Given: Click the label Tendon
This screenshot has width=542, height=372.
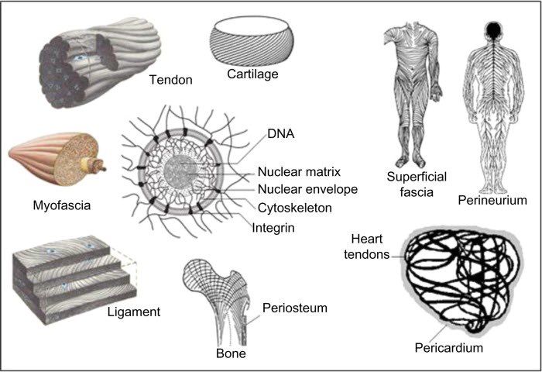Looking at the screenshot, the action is pyautogui.click(x=170, y=80).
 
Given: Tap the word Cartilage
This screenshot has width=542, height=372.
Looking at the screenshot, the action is pyautogui.click(x=252, y=74).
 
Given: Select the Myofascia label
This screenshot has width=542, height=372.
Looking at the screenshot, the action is pyautogui.click(x=62, y=205).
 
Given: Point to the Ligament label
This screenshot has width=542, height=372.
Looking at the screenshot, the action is pyautogui.click(x=134, y=312).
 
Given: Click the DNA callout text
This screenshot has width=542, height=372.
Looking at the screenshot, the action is pyautogui.click(x=280, y=134).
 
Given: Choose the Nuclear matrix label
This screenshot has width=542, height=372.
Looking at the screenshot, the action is pyautogui.click(x=300, y=171).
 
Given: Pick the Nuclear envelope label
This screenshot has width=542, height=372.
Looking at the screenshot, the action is pyautogui.click(x=307, y=189).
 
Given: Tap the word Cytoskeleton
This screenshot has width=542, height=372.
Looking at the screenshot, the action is pyautogui.click(x=295, y=208).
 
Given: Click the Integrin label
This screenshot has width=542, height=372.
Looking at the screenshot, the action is pyautogui.click(x=273, y=228).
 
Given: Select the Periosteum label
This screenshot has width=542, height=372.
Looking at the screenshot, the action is pyautogui.click(x=295, y=308).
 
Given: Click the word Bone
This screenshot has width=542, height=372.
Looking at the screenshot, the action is pyautogui.click(x=231, y=353).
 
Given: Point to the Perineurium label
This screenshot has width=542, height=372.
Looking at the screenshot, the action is pyautogui.click(x=492, y=200).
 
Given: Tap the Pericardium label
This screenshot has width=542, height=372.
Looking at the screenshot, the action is pyautogui.click(x=448, y=347).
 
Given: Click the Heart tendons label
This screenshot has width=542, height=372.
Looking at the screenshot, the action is pyautogui.click(x=367, y=246).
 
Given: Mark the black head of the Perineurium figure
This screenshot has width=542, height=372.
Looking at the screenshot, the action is pyautogui.click(x=493, y=31).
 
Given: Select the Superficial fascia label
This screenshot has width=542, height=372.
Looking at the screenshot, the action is pyautogui.click(x=417, y=184).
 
